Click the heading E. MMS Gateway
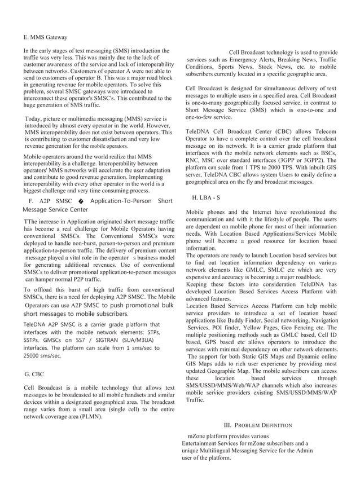[45, 37]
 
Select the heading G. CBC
[35, 374]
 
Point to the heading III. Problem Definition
[258, 425]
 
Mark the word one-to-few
[200, 117]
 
